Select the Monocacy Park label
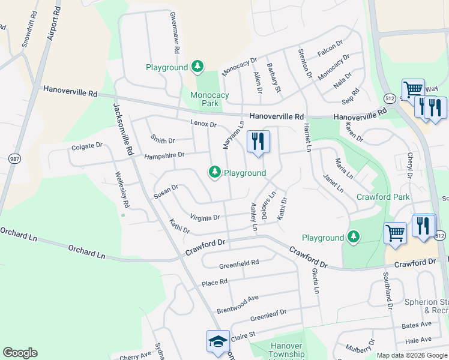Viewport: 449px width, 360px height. point(209,99)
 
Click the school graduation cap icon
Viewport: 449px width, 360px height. point(217,341)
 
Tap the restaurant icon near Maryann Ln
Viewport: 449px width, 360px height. point(258,142)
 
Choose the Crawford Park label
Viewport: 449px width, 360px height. point(383,197)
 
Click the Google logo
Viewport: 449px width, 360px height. point(20,353)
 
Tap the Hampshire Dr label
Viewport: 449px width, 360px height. point(164,155)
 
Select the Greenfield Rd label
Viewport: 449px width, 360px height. point(239,263)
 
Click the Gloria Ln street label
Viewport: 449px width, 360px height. point(315,280)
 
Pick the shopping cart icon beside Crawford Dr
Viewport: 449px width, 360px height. point(395,233)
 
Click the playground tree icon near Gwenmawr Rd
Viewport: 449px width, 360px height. point(197,67)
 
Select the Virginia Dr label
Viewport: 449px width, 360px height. point(205,217)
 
